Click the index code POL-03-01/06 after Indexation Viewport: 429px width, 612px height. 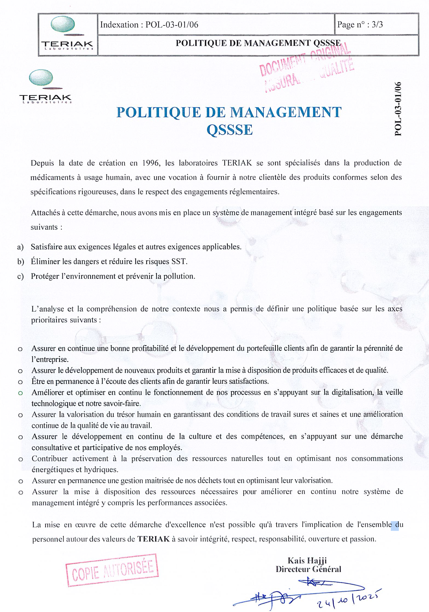pyautogui.click(x=172, y=25)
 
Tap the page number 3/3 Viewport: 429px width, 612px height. pyautogui.click(x=377, y=25)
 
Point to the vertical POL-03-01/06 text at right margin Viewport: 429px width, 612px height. pyautogui.click(x=398, y=109)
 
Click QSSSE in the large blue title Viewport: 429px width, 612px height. pyautogui.click(x=229, y=130)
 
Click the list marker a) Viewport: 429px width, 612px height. pyautogui.click(x=20, y=247)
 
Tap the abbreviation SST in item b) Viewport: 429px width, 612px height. pyautogui.click(x=179, y=262)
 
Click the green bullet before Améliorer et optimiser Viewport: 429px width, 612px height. pyautogui.click(x=20, y=393)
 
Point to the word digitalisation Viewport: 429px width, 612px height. pyautogui.click(x=352, y=392)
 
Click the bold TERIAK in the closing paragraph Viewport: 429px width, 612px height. pyautogui.click(x=153, y=539)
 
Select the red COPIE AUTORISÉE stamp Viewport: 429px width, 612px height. pyautogui.click(x=112, y=570)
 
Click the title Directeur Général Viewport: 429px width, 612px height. pyautogui.click(x=308, y=569)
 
